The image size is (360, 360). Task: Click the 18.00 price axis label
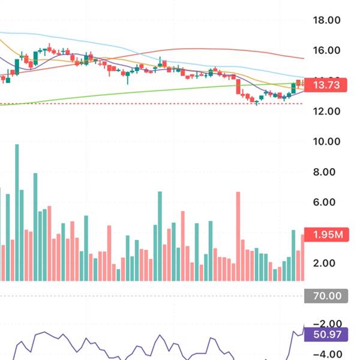point(327,20)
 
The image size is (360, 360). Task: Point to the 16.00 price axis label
point(327,51)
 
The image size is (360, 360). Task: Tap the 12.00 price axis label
point(327,112)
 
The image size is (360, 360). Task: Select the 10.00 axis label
point(327,142)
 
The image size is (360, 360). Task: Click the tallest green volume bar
point(17,212)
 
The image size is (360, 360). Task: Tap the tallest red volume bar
point(238,236)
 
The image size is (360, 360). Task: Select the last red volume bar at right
point(303,258)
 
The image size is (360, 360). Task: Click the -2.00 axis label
point(327,323)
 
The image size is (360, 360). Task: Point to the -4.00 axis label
point(327,354)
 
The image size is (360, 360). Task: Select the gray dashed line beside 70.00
point(150,296)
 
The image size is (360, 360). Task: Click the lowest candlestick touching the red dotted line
point(257,101)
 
